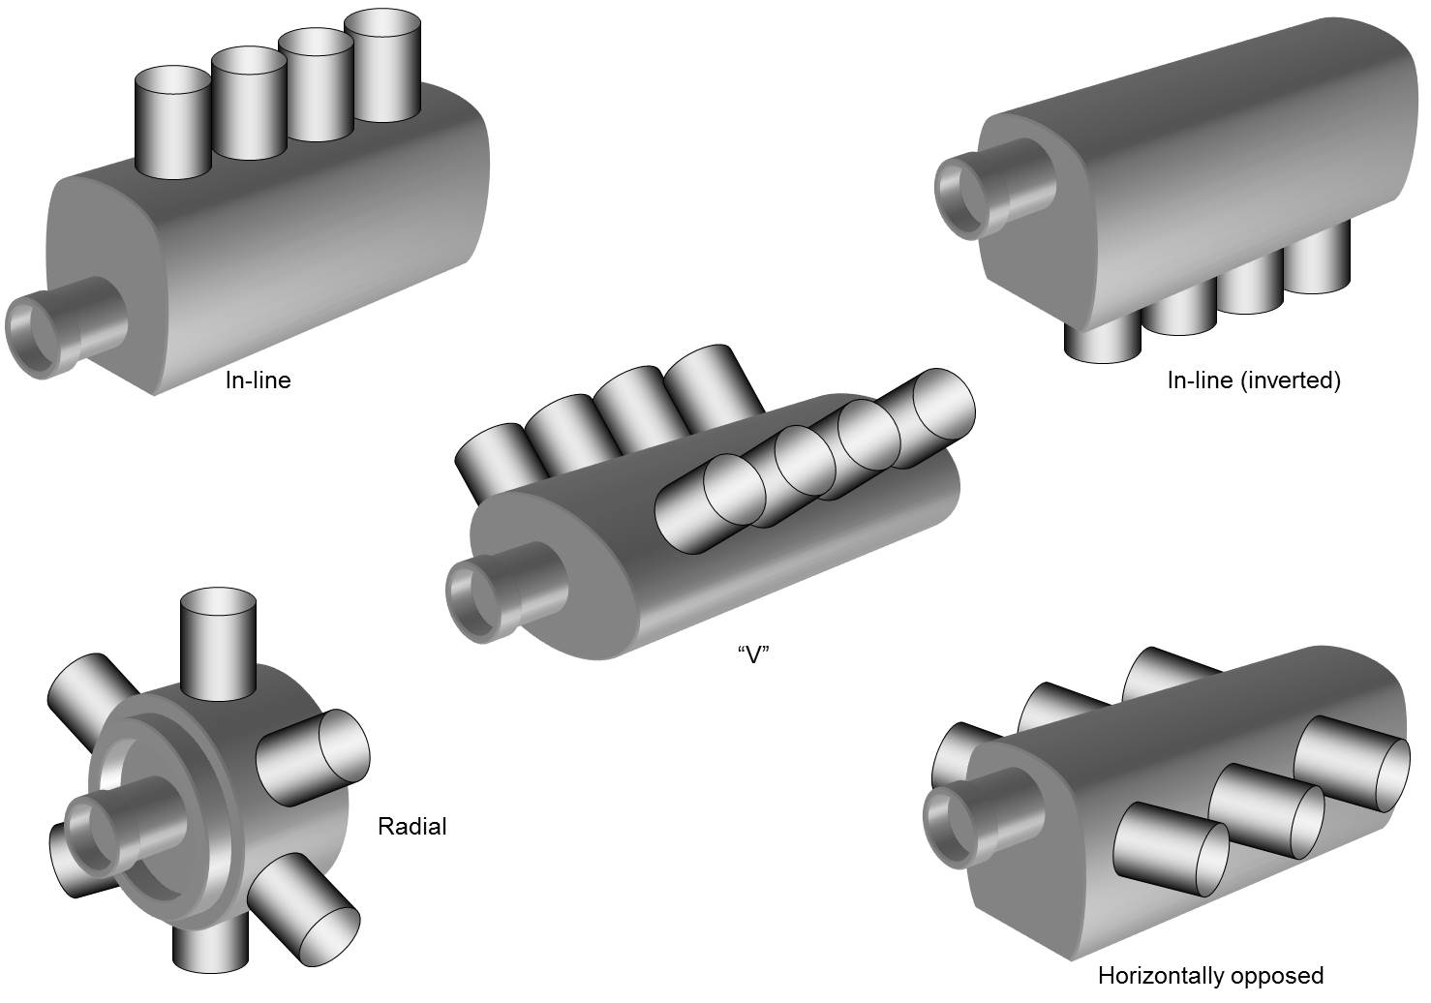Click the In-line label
(259, 380)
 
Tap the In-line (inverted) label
(1254, 380)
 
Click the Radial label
(412, 826)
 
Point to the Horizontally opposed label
(1210, 976)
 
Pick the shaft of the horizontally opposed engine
(984, 818)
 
